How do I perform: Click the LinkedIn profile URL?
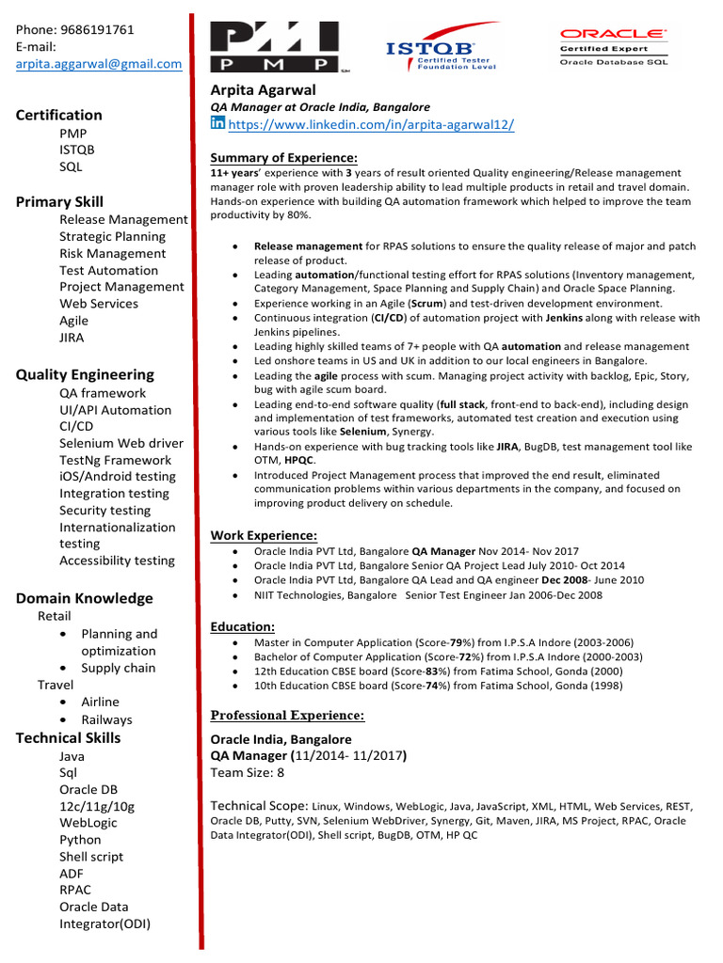tap(371, 125)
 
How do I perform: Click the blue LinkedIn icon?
tap(217, 124)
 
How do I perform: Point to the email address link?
tap(99, 64)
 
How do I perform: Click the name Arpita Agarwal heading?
tap(270, 90)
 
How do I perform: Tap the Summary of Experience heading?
tap(283, 158)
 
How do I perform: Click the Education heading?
tap(243, 626)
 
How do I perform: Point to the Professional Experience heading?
tap(287, 716)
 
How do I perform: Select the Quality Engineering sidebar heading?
tap(85, 374)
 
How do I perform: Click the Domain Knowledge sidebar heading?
tap(84, 598)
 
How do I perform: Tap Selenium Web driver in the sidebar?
tap(121, 443)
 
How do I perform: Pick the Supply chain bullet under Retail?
tap(119, 668)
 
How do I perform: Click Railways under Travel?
tap(106, 719)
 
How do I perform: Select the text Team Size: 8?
tap(248, 773)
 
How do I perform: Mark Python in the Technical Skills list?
tap(80, 840)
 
